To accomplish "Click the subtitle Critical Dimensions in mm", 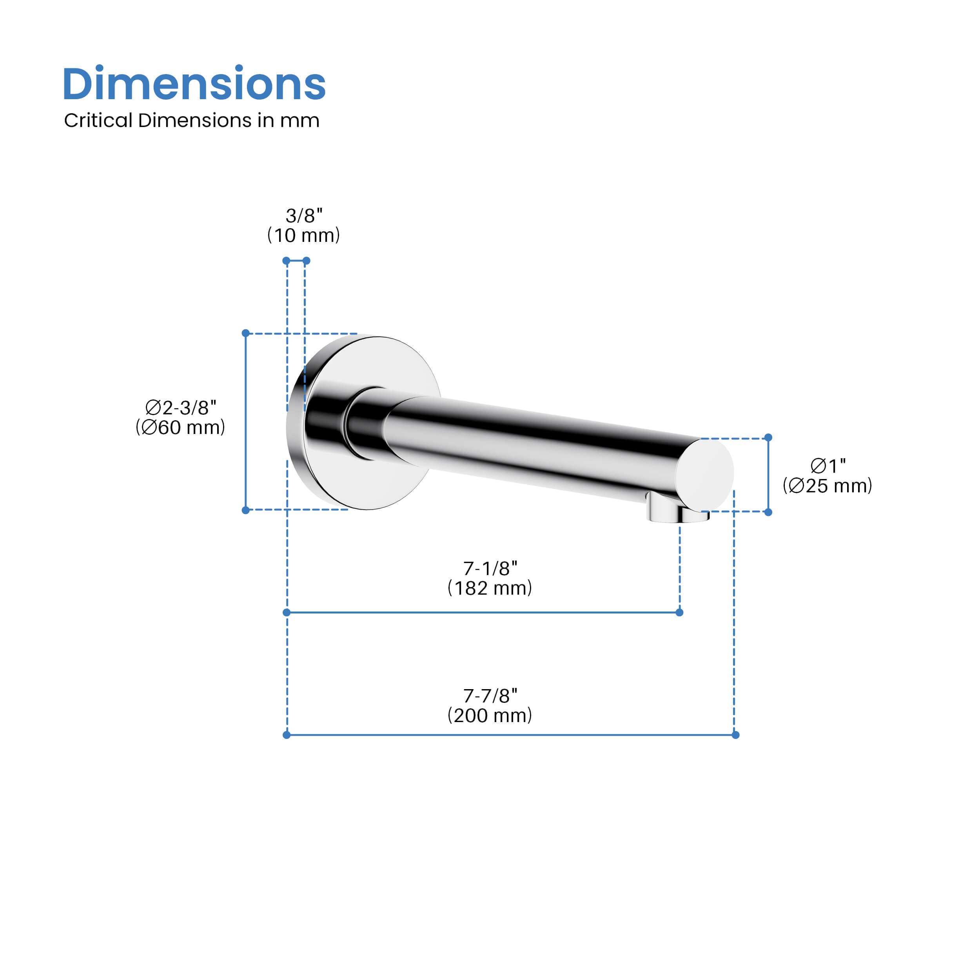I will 192,121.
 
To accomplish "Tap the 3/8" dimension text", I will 304,216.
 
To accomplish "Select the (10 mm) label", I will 303,235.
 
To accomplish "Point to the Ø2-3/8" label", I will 181,407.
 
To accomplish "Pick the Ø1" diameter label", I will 828,466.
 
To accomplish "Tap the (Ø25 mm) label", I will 828,485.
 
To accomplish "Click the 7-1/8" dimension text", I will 490,569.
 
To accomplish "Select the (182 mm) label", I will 490,588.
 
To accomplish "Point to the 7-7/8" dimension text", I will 490,696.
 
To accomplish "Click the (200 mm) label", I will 490,716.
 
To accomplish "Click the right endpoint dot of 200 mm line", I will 735,735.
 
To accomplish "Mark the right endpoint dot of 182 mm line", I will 680,612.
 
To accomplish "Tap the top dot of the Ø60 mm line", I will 245,333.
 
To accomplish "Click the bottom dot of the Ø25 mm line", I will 768,512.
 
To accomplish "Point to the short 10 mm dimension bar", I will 296,261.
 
